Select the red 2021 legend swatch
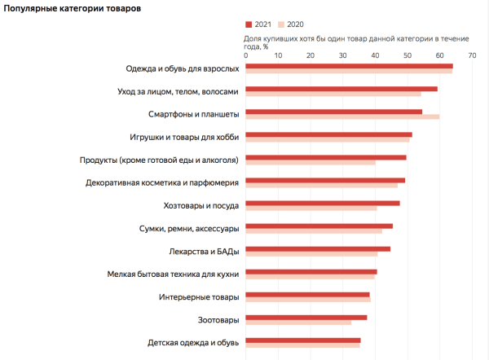pos(249,25)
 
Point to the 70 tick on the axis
pos(472,55)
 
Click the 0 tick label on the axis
pos(245,55)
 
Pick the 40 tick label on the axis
pos(375,55)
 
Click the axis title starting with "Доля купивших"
pos(350,42)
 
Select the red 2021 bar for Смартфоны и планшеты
pos(333,111)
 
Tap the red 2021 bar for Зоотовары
pos(306,318)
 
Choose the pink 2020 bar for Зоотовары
pos(298,323)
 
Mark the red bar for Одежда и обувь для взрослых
pos(349,65)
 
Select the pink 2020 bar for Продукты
pos(311,163)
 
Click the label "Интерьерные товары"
pos(199,297)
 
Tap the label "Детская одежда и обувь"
pos(193,343)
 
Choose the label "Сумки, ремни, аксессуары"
pos(189,228)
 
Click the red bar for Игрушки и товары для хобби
pos(328,134)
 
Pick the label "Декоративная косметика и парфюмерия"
pos(162,182)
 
